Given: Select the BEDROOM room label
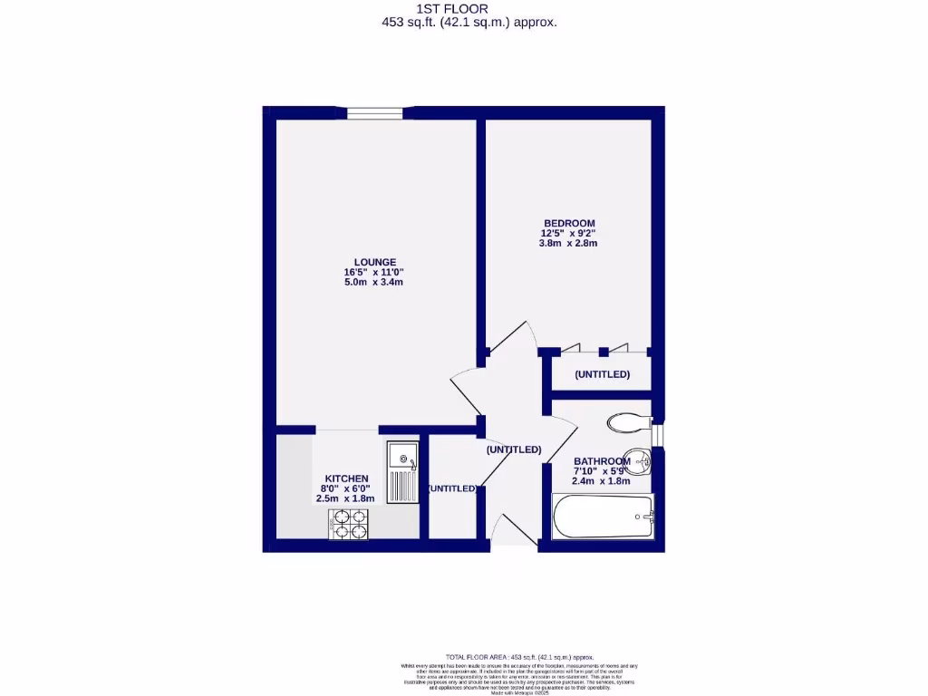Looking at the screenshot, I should pyautogui.click(x=568, y=223).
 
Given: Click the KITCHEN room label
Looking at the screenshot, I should pyautogui.click(x=346, y=478).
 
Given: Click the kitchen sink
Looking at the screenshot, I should pyautogui.click(x=401, y=471).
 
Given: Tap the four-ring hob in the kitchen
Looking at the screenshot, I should pyautogui.click(x=349, y=524).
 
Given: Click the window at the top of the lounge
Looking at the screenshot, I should pyautogui.click(x=374, y=113).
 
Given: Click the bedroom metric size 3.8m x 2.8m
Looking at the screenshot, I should pyautogui.click(x=568, y=243).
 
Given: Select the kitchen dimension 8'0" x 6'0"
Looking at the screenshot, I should pyautogui.click(x=345, y=488).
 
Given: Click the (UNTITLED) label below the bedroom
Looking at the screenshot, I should pyautogui.click(x=602, y=374).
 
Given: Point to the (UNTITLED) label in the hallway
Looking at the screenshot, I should pyautogui.click(x=513, y=449).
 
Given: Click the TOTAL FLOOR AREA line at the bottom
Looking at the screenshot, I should pyautogui.click(x=519, y=657).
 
